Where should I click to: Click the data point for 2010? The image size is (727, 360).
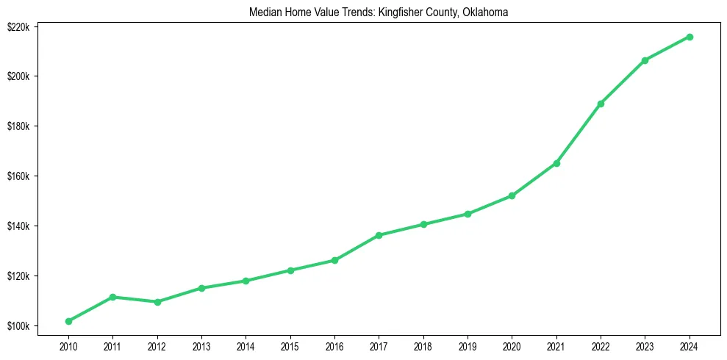(x=68, y=321)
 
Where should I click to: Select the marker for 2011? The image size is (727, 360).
(x=112, y=297)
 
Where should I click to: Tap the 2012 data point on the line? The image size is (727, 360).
(x=157, y=302)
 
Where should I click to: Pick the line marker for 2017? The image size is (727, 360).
(x=379, y=235)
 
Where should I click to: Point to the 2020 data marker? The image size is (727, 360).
(x=512, y=195)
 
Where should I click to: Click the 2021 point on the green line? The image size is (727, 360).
(x=556, y=163)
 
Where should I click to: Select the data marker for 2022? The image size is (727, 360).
(x=601, y=104)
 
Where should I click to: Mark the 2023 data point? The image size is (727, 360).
(x=645, y=60)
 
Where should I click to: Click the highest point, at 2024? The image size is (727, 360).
(x=690, y=37)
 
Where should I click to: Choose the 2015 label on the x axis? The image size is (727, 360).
(x=290, y=345)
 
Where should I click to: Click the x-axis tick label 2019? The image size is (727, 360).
(x=468, y=345)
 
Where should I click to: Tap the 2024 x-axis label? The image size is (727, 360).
(x=690, y=345)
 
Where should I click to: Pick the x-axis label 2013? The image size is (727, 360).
(x=201, y=345)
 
